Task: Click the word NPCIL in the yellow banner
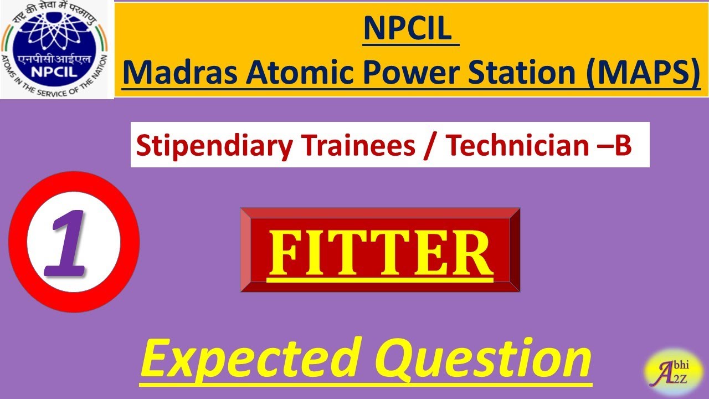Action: point(410,29)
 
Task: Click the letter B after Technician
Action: point(623,145)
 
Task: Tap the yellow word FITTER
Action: point(380,254)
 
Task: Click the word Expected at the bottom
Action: point(246,359)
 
